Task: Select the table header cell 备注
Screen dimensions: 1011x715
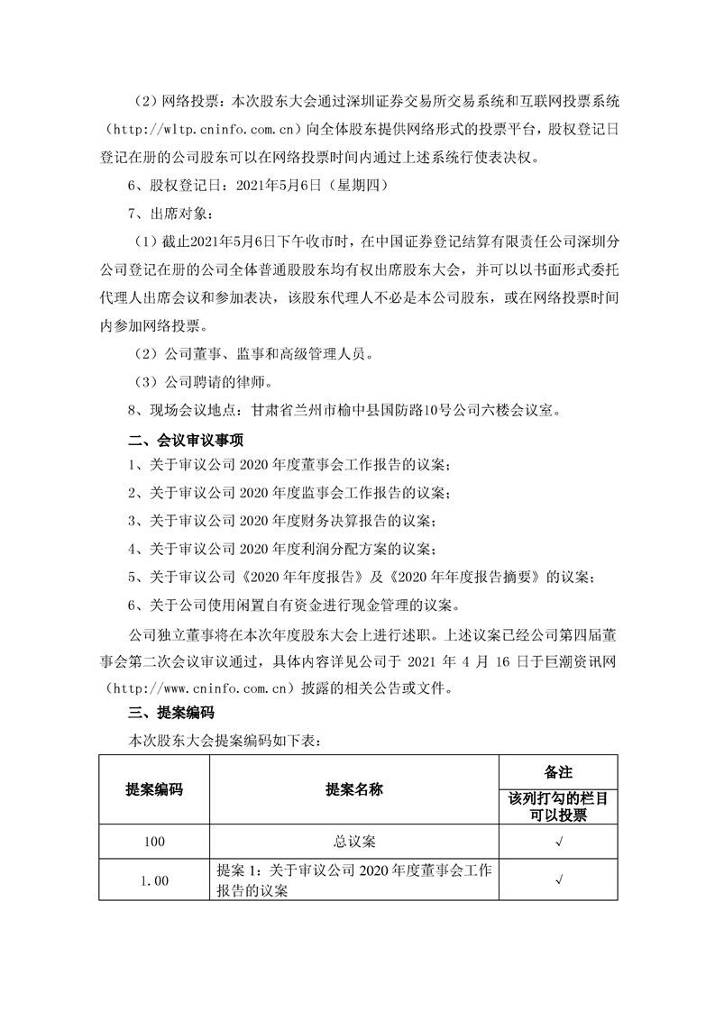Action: pos(558,772)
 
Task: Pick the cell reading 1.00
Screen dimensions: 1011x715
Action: pos(154,881)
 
